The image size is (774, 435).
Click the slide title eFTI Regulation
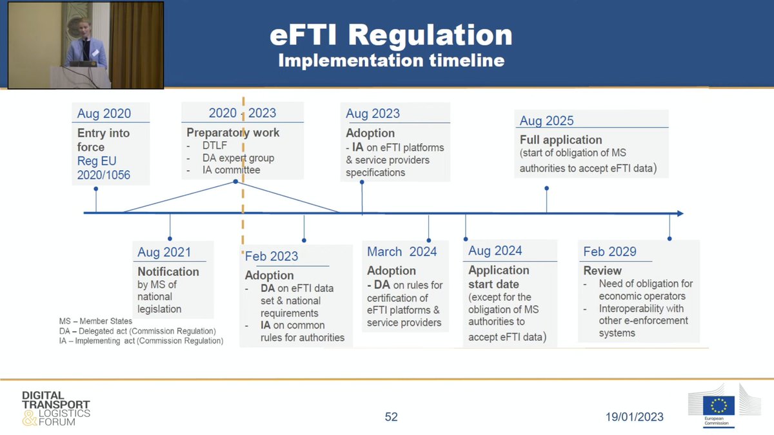(x=391, y=35)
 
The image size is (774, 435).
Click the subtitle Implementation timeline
(x=391, y=61)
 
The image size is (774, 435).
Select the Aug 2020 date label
(x=104, y=113)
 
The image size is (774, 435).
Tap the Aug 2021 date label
(x=164, y=252)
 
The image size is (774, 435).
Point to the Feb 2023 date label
(x=272, y=256)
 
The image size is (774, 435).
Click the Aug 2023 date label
(x=373, y=113)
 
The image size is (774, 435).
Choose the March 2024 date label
(x=402, y=251)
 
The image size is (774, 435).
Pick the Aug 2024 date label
(x=495, y=251)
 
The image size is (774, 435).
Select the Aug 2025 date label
(x=546, y=121)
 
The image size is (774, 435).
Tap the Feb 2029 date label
(x=610, y=251)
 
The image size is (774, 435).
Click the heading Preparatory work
(x=233, y=133)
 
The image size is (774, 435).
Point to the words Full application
(x=561, y=140)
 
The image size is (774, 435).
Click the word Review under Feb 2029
(x=602, y=271)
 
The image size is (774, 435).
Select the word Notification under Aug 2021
(x=168, y=271)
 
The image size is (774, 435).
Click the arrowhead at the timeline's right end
(x=679, y=213)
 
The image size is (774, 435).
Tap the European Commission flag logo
(x=719, y=405)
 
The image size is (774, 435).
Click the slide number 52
(x=391, y=417)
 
